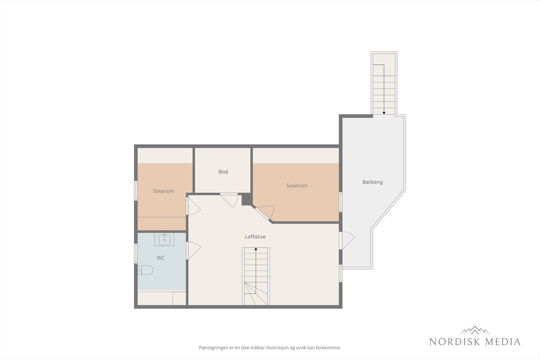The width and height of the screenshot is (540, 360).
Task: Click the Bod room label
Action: pyautogui.click(x=223, y=172)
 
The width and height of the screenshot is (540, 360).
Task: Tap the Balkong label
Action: pyautogui.click(x=372, y=182)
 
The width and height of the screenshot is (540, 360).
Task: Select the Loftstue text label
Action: pyautogui.click(x=255, y=237)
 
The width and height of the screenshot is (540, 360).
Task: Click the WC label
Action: pyautogui.click(x=161, y=258)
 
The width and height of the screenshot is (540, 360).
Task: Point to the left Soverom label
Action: pyautogui.click(x=163, y=191)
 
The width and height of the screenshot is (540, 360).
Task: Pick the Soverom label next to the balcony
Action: pyautogui.click(x=296, y=186)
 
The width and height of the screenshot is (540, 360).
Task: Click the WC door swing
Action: pyautogui.click(x=194, y=250)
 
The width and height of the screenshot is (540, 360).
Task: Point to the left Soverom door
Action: pyautogui.click(x=193, y=206)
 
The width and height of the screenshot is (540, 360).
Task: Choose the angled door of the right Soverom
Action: pyautogui.click(x=265, y=213)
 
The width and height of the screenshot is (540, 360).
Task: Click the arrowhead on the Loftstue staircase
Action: pyautogui.click(x=256, y=249)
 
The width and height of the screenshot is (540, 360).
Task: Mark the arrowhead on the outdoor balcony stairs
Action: pyautogui.click(x=384, y=113)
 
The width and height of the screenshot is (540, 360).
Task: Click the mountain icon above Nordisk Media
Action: pyautogui.click(x=475, y=330)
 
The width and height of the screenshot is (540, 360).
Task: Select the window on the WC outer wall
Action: pyautogui.click(x=136, y=253)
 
